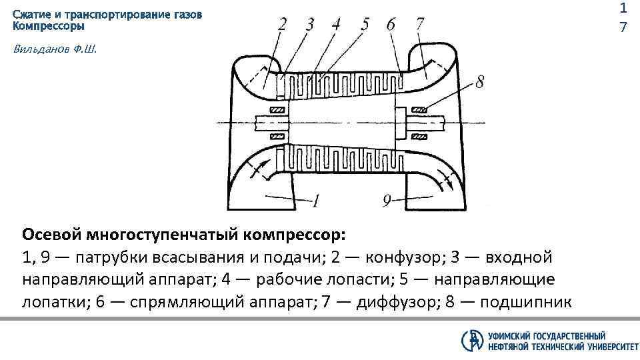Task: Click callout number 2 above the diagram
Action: [283, 25]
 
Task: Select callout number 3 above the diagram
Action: [309, 25]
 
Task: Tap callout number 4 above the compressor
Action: [336, 25]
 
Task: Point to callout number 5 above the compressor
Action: [365, 25]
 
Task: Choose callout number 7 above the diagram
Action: [419, 25]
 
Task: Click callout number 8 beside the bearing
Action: [480, 83]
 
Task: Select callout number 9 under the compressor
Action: [387, 199]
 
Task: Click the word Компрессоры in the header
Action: [49, 27]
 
